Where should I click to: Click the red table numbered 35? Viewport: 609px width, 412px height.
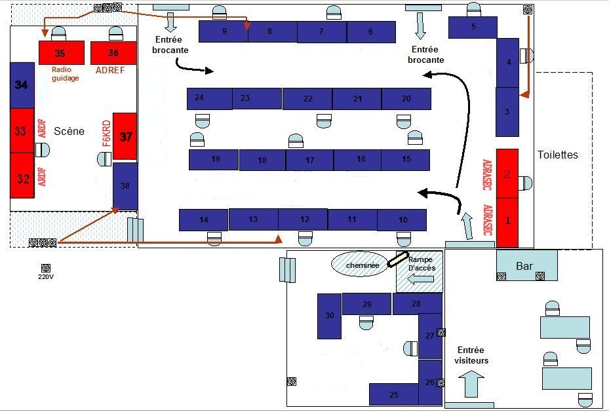(x=61, y=52)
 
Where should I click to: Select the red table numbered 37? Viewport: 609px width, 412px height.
(x=125, y=136)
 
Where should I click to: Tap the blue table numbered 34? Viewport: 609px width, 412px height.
(x=22, y=84)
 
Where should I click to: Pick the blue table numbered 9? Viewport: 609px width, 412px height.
(x=224, y=31)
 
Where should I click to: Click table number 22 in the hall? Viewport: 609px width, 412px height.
(x=307, y=98)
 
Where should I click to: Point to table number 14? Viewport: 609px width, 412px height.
(x=204, y=220)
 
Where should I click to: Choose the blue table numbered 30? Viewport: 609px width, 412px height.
(x=329, y=316)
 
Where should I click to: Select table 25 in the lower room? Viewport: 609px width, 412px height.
(x=393, y=394)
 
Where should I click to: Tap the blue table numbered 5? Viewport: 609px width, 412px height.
(x=473, y=28)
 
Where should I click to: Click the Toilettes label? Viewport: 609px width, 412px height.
(x=558, y=155)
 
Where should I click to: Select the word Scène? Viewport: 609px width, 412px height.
(x=69, y=131)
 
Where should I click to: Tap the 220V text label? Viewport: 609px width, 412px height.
(x=45, y=276)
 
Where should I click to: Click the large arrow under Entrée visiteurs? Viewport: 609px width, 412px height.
(x=471, y=383)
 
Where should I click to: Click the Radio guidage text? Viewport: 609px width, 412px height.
(x=66, y=73)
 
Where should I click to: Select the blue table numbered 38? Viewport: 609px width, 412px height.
(x=125, y=186)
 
